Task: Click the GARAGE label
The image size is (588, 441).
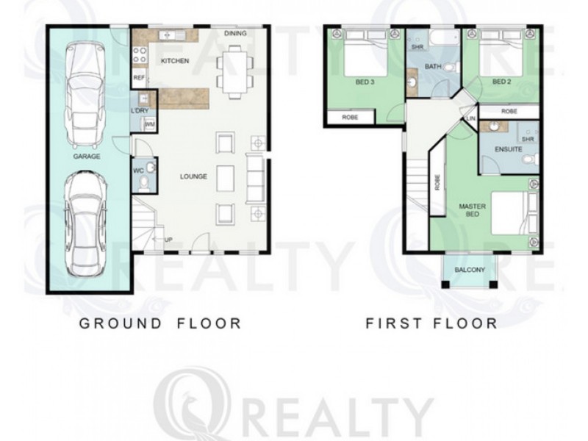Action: coord(87,157)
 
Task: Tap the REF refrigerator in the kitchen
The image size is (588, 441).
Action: coord(139,78)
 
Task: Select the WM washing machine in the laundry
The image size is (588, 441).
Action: coord(150,124)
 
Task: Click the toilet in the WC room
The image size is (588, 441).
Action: coord(143,183)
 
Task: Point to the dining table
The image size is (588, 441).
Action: coord(235,71)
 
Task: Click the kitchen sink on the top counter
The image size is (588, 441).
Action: coord(172,35)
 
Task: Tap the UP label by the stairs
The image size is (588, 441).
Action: coord(168,240)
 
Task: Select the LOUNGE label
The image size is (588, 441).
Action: coord(193,176)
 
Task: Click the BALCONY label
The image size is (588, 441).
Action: coord(470,270)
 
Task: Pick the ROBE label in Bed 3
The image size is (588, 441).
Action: coord(350,118)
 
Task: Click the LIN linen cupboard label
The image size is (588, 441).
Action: coord(471,118)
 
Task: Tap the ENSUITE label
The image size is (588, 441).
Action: coord(509,149)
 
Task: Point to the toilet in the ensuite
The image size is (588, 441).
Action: coord(529,159)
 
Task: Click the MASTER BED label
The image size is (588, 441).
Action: coord(472,210)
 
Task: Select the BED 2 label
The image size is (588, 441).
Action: coord(502,82)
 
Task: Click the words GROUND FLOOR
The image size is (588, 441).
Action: coord(160,323)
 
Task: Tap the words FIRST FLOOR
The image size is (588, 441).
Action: coord(431,323)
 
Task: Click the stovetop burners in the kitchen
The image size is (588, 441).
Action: coord(140,54)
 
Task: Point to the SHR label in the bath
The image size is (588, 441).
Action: coord(417,48)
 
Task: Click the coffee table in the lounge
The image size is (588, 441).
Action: coord(225,177)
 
